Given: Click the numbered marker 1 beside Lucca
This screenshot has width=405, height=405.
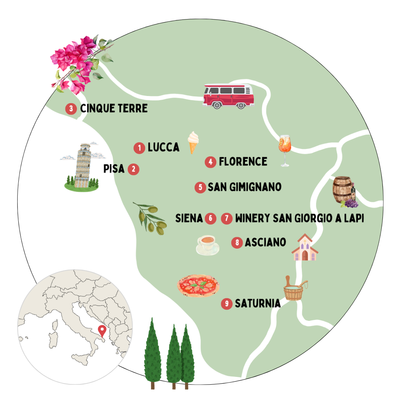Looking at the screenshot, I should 139,148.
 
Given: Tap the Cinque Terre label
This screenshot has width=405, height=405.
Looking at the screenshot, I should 114,109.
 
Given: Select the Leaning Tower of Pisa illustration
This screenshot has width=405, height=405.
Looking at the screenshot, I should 81,166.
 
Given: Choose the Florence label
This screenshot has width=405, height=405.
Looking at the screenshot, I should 243,162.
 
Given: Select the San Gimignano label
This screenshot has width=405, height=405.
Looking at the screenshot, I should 244,187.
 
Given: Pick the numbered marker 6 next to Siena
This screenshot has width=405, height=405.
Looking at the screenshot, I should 210,218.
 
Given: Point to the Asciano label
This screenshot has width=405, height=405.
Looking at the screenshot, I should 265,242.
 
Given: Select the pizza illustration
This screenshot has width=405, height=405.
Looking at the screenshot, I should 198,285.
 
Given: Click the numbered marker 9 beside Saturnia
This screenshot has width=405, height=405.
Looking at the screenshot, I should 226,303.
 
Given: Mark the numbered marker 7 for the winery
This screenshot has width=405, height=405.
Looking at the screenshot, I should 226,218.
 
